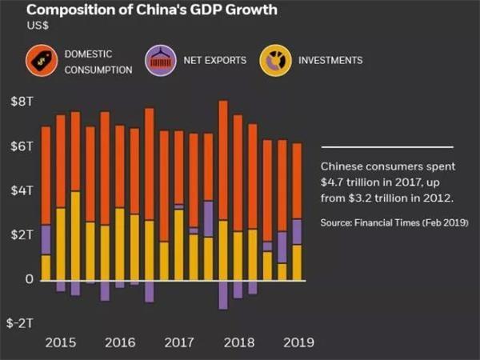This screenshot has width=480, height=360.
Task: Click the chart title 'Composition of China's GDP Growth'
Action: point(141,10)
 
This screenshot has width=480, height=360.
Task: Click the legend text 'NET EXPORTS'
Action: point(215,61)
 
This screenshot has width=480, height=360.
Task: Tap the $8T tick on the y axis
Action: point(21,102)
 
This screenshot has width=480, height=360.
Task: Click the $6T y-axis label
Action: point(21,147)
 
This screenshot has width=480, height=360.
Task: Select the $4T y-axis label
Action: point(21,191)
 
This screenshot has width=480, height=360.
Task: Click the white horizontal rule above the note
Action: point(386,147)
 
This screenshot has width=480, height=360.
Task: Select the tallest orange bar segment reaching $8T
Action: point(223,160)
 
